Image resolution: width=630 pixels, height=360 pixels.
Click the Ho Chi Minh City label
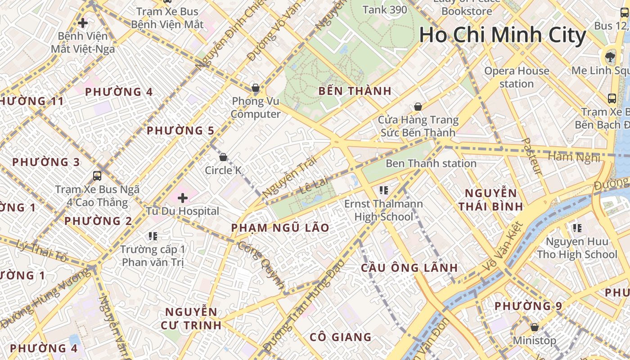coord(503,35)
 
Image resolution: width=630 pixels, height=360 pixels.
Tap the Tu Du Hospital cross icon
coord(183,198)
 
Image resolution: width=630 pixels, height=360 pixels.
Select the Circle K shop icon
coord(223,157)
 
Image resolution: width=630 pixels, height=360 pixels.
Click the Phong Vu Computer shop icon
coord(256,88)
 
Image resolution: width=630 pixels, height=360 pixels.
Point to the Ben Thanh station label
coord(431,163)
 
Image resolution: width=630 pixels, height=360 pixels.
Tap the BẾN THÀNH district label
coord(355,91)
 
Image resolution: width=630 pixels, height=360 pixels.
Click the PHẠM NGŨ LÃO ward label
coord(280,228)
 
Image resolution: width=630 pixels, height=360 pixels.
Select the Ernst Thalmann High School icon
coord(383,190)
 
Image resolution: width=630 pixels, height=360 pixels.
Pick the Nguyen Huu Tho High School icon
coord(577,228)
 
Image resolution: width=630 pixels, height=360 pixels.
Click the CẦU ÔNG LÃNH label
coord(409,268)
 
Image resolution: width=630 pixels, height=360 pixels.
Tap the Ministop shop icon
coord(535,327)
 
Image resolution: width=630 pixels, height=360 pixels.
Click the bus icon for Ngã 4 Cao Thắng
coord(97,175)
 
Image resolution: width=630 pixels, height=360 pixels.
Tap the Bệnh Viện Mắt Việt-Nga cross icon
coord(83,22)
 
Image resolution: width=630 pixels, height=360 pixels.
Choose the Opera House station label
coord(517,77)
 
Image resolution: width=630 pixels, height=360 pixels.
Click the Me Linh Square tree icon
coord(610,57)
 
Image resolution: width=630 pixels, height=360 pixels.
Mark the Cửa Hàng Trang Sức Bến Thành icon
coord(418,107)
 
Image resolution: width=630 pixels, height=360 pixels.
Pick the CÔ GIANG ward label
coord(341,337)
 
